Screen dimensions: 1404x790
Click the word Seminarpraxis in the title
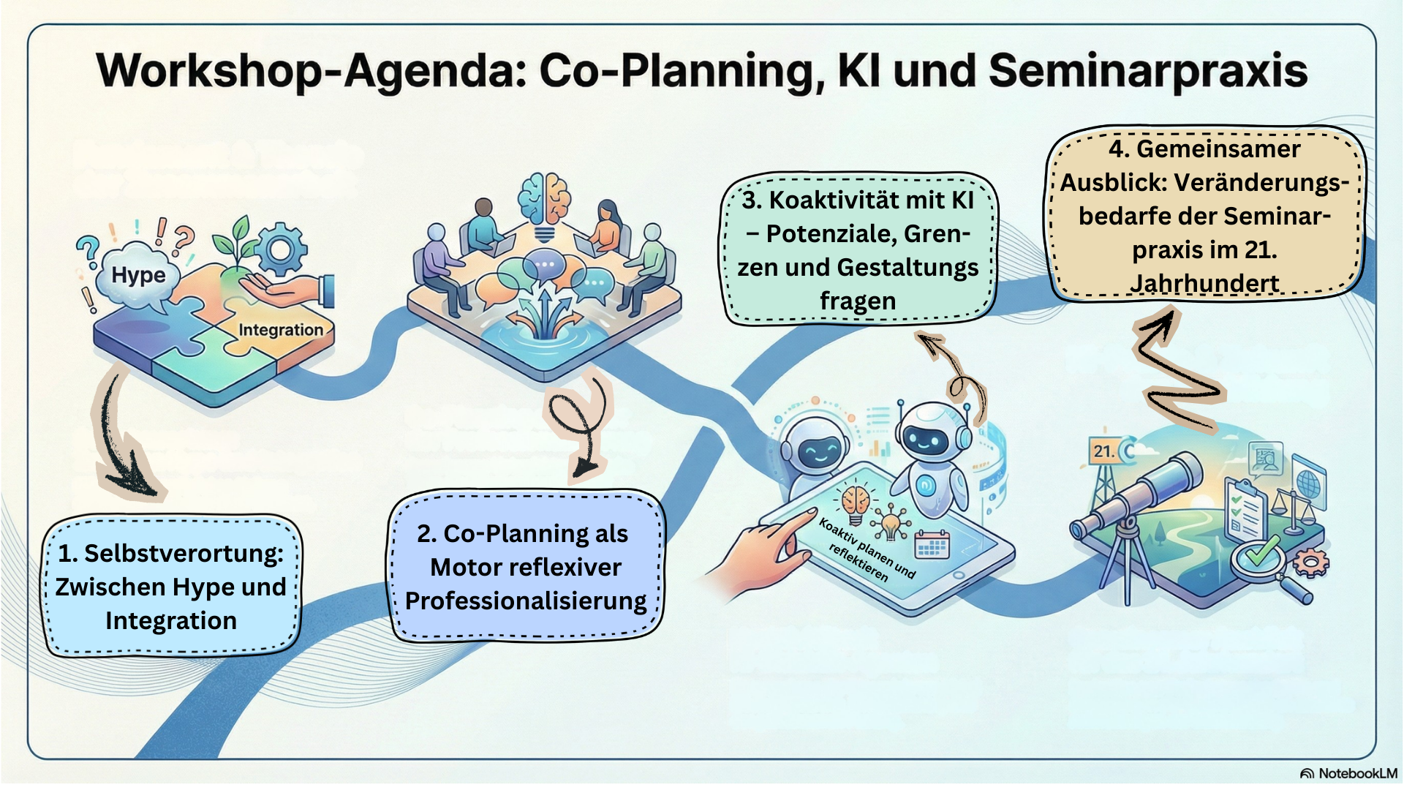click(x=1147, y=72)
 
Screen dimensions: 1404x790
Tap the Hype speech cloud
click(x=137, y=275)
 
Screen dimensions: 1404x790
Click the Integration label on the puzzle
click(x=280, y=330)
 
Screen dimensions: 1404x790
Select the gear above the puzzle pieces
click(x=281, y=249)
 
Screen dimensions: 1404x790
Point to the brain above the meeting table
click(x=544, y=197)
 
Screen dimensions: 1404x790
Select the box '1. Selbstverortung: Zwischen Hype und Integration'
click(x=171, y=587)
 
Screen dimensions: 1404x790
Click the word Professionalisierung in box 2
click(x=526, y=601)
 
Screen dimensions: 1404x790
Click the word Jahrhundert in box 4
click(x=1204, y=283)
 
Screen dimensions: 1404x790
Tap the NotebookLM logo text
click(x=1357, y=773)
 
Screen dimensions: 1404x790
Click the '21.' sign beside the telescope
click(x=1103, y=451)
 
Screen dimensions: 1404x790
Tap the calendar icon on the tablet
click(x=932, y=545)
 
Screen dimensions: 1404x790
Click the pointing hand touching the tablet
click(x=768, y=545)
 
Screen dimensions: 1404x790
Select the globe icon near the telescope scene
click(x=1308, y=484)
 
